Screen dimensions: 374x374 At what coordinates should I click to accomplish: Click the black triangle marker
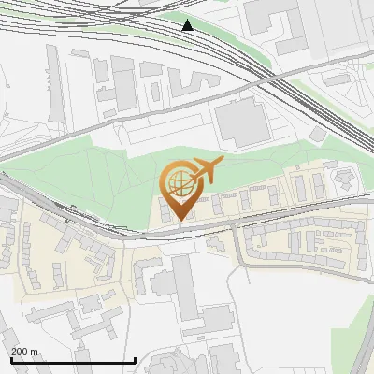point(188,25)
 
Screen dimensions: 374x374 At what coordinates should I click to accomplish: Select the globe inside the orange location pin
point(180,183)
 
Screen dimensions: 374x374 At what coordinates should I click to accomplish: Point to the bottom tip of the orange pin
point(180,220)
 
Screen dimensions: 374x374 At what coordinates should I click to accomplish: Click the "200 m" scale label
point(25,352)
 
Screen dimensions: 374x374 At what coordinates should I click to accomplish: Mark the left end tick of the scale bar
point(10,360)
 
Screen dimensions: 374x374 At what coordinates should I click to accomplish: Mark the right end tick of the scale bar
point(136,360)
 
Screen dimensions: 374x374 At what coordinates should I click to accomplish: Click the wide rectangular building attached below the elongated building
point(214,323)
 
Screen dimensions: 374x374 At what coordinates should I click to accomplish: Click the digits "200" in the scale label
point(20,352)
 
